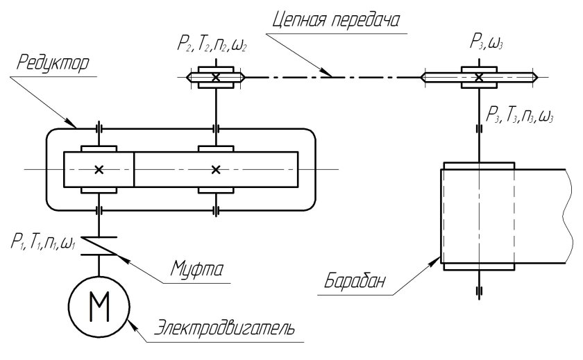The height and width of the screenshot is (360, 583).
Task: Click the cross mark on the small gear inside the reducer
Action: (x=99, y=169)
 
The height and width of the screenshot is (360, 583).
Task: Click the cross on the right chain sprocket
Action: (x=479, y=77)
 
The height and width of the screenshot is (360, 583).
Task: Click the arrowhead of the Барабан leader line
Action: (x=439, y=261)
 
